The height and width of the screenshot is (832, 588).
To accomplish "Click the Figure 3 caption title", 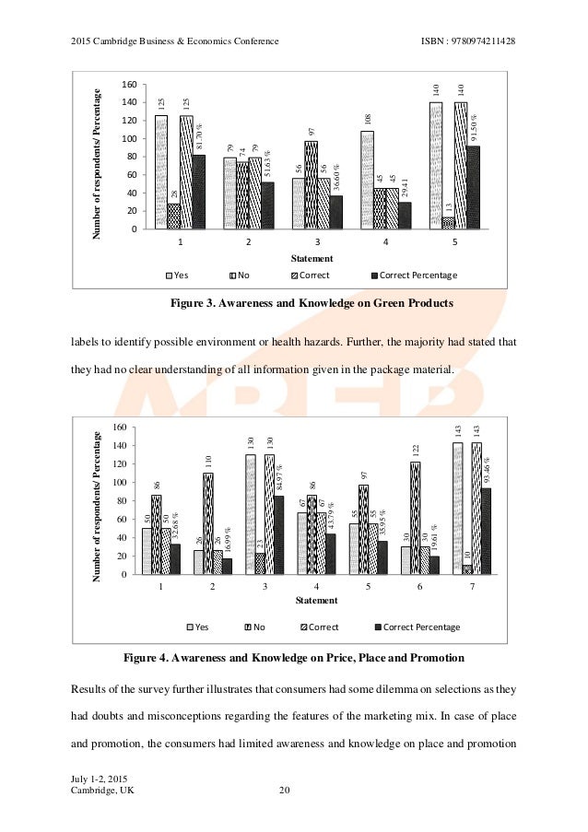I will [x=312, y=303].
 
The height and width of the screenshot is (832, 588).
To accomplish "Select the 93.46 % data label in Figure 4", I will [x=487, y=472].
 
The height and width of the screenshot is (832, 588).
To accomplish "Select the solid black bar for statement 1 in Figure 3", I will [x=199, y=192].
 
